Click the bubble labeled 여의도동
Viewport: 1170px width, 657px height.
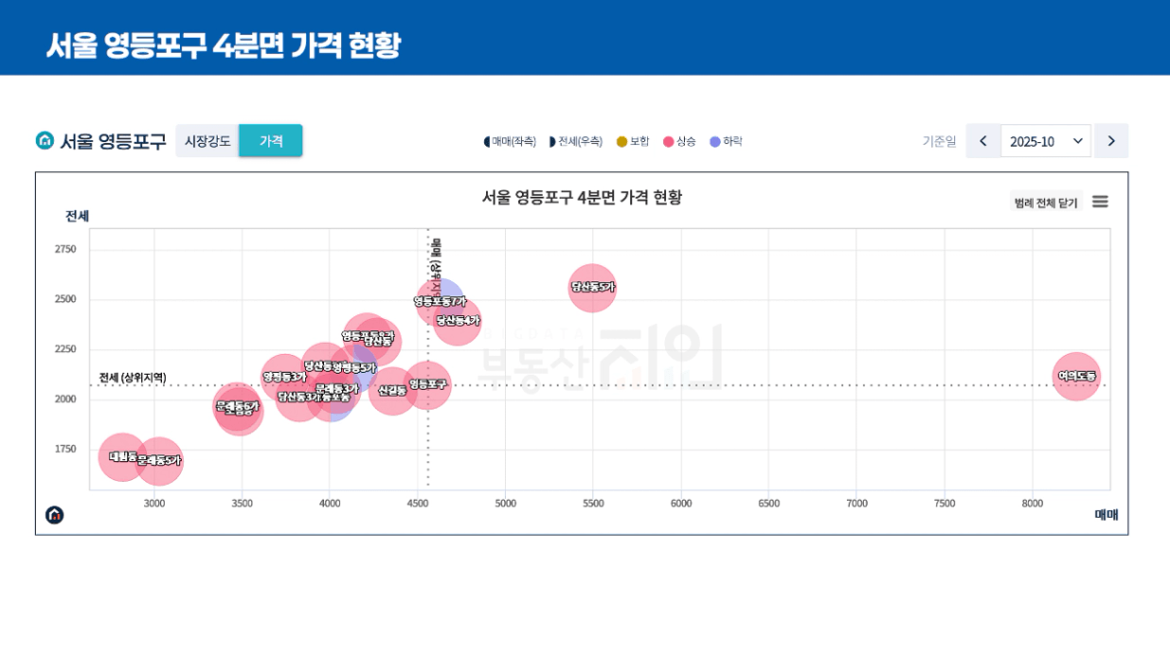click(x=1076, y=376)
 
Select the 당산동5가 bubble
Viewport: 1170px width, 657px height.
click(x=592, y=287)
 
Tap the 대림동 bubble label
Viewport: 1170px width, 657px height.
click(x=121, y=456)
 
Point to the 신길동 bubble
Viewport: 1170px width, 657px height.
click(x=392, y=390)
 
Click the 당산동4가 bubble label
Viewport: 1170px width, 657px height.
click(x=459, y=321)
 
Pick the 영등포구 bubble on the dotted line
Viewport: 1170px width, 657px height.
click(x=428, y=384)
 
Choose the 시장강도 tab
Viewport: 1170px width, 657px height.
click(x=207, y=141)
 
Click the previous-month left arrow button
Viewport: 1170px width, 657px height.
click(x=983, y=141)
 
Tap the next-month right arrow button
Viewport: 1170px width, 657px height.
click(x=1111, y=141)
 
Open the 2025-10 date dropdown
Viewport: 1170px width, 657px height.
click(x=1045, y=141)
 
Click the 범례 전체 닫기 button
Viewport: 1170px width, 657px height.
click(x=1046, y=203)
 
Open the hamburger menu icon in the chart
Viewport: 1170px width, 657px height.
click(x=1100, y=202)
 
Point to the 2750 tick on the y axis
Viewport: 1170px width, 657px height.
click(x=65, y=249)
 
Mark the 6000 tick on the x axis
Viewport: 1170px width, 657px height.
click(x=681, y=504)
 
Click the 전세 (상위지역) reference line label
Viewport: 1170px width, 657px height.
click(x=133, y=378)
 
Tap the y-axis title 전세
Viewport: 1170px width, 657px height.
click(x=77, y=216)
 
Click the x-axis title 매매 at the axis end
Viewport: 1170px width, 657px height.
click(x=1107, y=515)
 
